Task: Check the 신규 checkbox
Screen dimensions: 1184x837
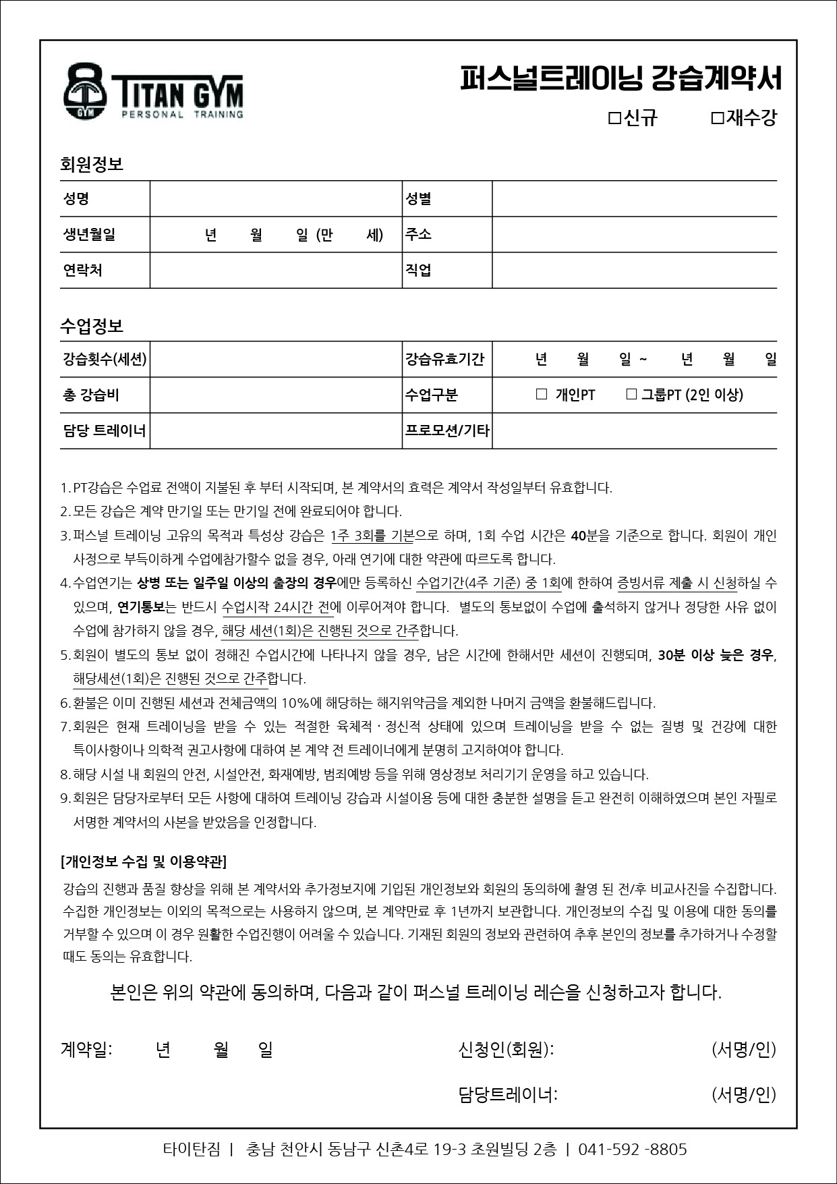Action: pyautogui.click(x=614, y=119)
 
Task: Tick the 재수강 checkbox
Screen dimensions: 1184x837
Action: pyautogui.click(x=717, y=119)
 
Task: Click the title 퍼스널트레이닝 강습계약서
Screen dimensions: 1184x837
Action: pyautogui.click(x=620, y=78)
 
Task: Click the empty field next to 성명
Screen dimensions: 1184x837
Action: pyautogui.click(x=276, y=199)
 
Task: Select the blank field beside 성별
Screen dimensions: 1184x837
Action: pyautogui.click(x=634, y=199)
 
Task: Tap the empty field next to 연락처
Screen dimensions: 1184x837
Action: pyautogui.click(x=276, y=271)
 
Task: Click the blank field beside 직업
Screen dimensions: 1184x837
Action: pyautogui.click(x=634, y=271)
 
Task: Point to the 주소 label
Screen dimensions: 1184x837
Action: pyautogui.click(x=418, y=234)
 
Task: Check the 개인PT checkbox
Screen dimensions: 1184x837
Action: pyautogui.click(x=541, y=395)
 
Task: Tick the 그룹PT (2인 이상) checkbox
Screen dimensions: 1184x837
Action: pyautogui.click(x=631, y=395)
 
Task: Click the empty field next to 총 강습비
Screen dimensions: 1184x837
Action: pyautogui.click(x=276, y=395)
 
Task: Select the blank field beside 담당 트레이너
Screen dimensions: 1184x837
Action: pyautogui.click(x=276, y=431)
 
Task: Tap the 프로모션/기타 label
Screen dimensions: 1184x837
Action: pyautogui.click(x=447, y=430)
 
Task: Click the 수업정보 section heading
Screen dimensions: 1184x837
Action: pyautogui.click(x=92, y=327)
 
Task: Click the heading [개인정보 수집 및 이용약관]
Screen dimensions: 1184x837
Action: pyautogui.click(x=144, y=862)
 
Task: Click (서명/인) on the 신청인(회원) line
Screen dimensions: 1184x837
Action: pyautogui.click(x=744, y=1050)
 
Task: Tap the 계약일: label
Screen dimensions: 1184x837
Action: pyautogui.click(x=86, y=1050)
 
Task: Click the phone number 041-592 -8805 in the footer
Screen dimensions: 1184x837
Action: pyautogui.click(x=633, y=1150)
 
